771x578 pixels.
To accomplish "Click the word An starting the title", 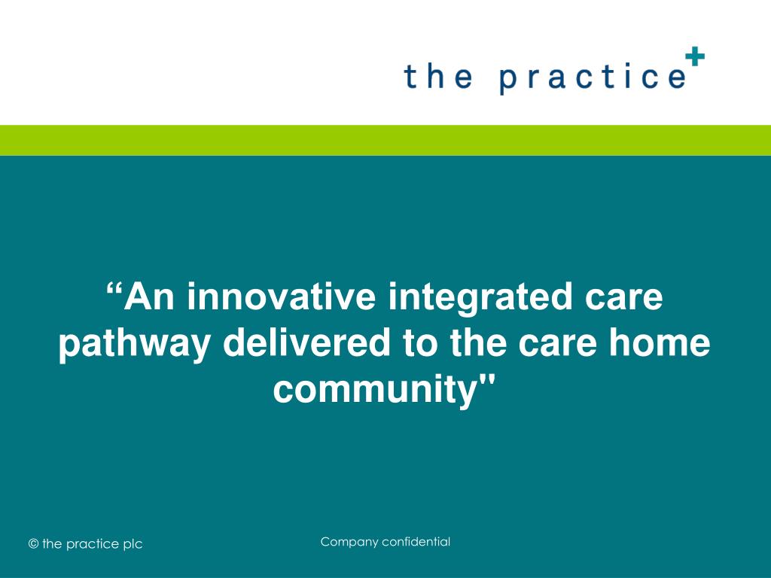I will (x=150, y=297).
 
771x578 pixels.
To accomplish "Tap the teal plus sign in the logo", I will (x=695, y=56).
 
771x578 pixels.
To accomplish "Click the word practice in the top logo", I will (x=592, y=78).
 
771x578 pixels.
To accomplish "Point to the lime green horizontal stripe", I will (x=385, y=140).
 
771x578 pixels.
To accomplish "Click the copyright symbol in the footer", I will (x=33, y=544).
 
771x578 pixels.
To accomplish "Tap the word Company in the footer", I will (x=349, y=542).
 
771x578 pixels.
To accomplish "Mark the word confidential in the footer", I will (x=416, y=542).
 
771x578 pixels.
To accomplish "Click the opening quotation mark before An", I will (x=114, y=290).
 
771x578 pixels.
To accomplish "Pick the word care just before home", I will (x=553, y=344).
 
